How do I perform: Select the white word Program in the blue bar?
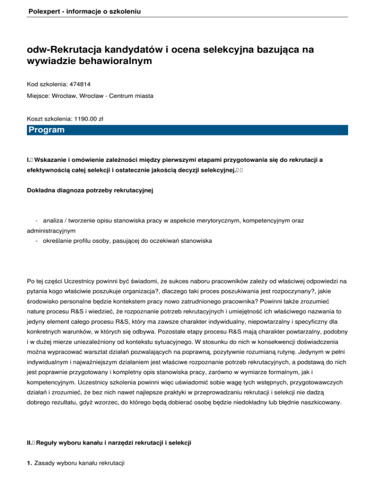[46, 130]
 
